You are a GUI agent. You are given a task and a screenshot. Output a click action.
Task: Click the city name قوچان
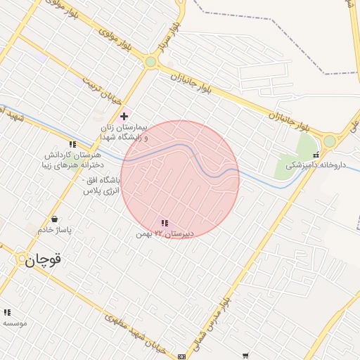click(x=44, y=261)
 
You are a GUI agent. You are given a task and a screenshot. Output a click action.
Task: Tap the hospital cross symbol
click(x=124, y=115)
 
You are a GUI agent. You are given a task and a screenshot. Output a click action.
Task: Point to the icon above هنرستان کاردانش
click(x=72, y=145)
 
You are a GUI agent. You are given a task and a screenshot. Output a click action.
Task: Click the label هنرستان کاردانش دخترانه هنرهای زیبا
click(x=73, y=159)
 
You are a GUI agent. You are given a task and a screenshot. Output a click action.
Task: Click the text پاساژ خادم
click(x=55, y=230)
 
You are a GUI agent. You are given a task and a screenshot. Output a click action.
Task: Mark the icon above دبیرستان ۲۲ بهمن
click(x=165, y=223)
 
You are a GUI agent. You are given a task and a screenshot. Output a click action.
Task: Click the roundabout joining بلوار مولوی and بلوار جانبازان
click(x=150, y=62)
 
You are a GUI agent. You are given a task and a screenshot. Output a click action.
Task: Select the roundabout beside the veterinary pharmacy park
click(x=330, y=141)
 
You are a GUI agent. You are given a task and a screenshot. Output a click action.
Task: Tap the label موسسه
click(x=14, y=323)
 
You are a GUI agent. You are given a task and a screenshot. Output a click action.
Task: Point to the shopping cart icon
click(x=245, y=356)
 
